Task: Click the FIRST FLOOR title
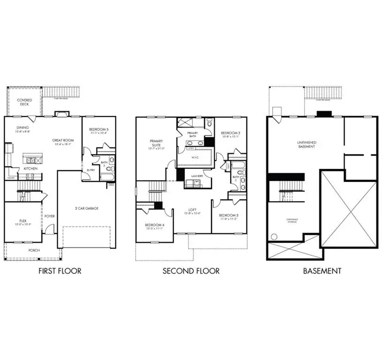[60, 271]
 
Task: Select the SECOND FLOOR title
[191, 271]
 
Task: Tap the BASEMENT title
[321, 271]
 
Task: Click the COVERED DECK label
[24, 102]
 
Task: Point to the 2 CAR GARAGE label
[88, 208]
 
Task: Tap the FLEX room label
[23, 219]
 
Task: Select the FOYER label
[49, 216]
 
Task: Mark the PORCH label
[34, 250]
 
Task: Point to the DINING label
[23, 127]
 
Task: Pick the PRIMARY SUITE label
[156, 142]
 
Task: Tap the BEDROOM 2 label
[230, 133]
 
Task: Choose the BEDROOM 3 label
[229, 216]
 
